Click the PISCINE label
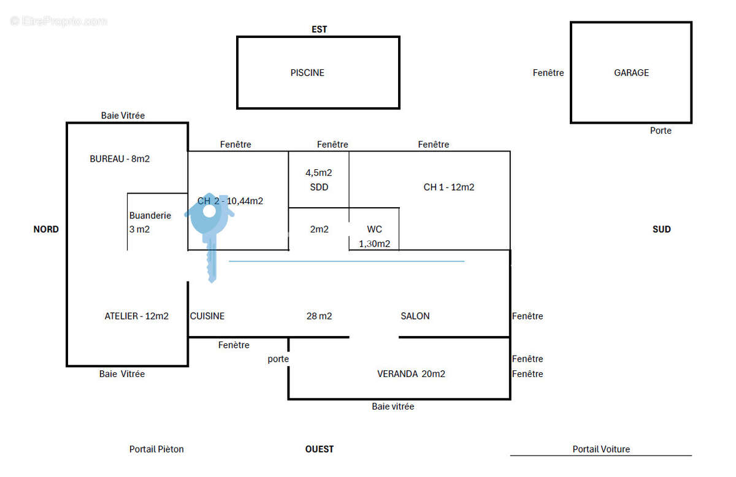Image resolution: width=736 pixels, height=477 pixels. (307, 72)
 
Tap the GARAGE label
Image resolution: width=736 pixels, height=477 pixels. (631, 72)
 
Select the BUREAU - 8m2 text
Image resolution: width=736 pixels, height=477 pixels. (120, 159)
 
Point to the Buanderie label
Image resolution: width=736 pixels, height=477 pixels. (150, 215)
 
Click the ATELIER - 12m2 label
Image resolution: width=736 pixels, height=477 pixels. (136, 316)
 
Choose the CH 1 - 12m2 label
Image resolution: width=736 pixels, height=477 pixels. (449, 187)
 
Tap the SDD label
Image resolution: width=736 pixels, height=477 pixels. (319, 187)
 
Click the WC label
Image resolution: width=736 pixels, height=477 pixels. (374, 229)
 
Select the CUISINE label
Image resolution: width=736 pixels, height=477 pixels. (207, 316)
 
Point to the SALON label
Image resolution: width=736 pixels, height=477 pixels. (415, 316)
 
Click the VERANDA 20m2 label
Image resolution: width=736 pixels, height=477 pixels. (411, 374)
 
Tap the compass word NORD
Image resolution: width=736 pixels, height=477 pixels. (46, 229)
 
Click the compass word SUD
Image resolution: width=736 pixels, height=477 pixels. (661, 229)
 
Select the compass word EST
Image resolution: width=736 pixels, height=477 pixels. (319, 29)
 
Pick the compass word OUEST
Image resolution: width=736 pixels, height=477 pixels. (319, 449)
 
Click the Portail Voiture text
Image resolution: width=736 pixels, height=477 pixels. (601, 449)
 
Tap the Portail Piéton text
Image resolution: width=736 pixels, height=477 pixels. (156, 449)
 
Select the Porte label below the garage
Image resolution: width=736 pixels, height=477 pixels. (661, 131)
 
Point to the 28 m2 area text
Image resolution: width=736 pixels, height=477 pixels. (319, 316)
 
